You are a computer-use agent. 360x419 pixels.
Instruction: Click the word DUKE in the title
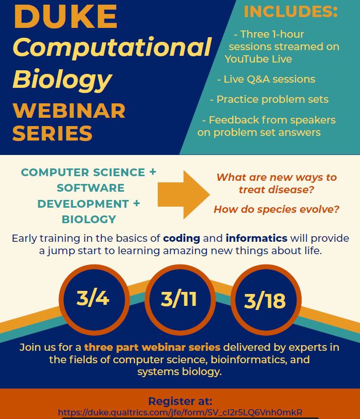click(x=66, y=17)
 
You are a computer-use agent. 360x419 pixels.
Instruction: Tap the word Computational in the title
click(x=112, y=47)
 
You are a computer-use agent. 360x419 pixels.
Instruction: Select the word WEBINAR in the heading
click(x=69, y=111)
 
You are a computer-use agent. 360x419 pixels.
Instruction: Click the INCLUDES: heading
click(x=291, y=11)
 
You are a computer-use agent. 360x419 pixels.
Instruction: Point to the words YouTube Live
click(x=259, y=59)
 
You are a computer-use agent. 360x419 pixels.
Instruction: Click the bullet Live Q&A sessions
click(x=266, y=80)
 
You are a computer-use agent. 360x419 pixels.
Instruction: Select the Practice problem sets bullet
click(x=269, y=99)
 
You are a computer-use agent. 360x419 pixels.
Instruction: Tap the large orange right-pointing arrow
click(x=184, y=195)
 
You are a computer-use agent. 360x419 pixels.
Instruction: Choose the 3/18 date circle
click(x=266, y=300)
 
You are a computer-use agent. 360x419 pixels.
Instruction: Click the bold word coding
click(x=182, y=238)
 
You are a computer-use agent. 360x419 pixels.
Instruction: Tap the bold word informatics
click(x=257, y=238)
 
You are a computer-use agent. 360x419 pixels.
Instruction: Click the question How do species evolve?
click(x=277, y=209)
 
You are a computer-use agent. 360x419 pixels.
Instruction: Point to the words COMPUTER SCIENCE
click(x=83, y=173)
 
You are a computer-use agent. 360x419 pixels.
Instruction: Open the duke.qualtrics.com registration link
click(x=180, y=412)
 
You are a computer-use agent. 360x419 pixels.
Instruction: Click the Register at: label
click(x=181, y=401)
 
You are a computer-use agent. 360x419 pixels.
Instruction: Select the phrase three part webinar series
click(x=152, y=347)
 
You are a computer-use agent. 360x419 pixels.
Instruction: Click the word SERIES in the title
click(x=52, y=133)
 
